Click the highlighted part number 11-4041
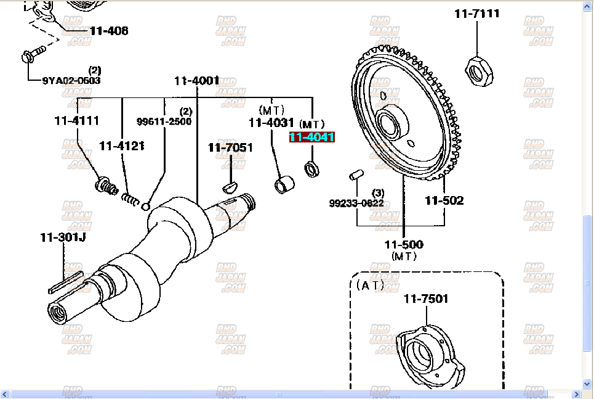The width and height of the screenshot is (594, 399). [x=312, y=138]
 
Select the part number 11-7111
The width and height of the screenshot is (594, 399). [x=477, y=13]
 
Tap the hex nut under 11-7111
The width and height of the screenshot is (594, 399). [x=477, y=69]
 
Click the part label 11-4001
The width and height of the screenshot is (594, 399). [x=196, y=80]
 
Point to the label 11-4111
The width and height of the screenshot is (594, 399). [x=77, y=121]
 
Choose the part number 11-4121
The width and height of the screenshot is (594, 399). [x=121, y=146]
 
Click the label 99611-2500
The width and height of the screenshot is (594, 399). [x=164, y=121]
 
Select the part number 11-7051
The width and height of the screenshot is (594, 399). [x=230, y=147]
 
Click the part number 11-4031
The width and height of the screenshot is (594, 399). [x=271, y=123]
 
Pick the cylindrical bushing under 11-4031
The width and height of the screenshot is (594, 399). [x=283, y=184]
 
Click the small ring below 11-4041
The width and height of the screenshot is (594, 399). [x=312, y=168]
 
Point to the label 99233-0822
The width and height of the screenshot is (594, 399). [x=356, y=203]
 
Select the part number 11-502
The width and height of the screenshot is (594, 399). [x=444, y=200]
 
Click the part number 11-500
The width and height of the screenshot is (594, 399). [x=404, y=245]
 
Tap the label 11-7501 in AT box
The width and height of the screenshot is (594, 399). [x=426, y=299]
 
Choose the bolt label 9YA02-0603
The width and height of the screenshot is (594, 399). [x=71, y=80]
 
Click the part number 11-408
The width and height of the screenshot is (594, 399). [x=108, y=30]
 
